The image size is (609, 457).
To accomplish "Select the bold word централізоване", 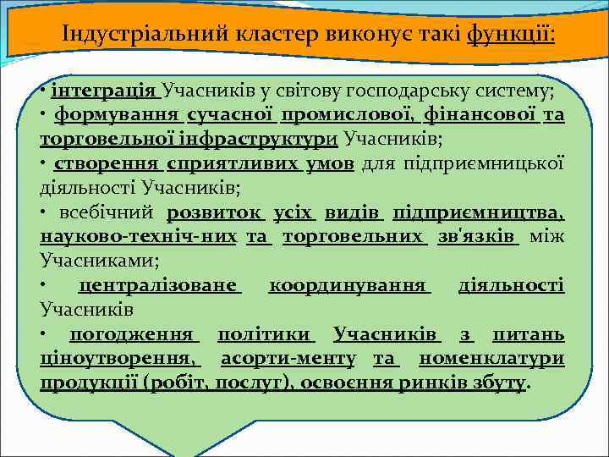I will pyautogui.click(x=159, y=285).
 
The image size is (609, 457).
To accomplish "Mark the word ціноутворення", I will pyautogui.click(x=121, y=359).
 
